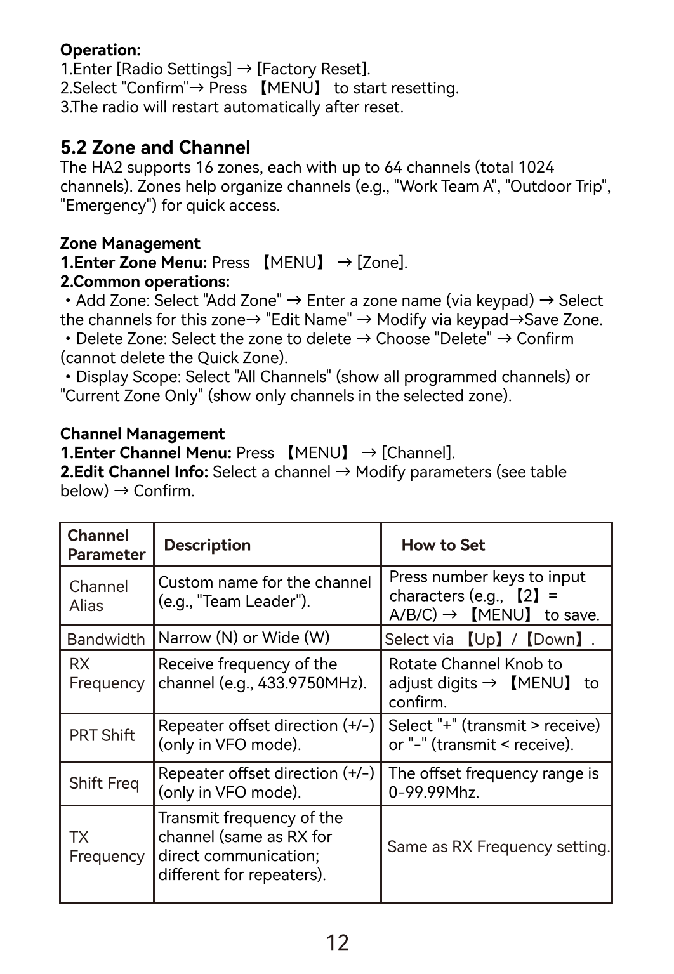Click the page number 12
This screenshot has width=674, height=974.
(x=337, y=942)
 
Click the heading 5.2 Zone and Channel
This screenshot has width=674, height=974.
(x=155, y=147)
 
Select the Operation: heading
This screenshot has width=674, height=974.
(x=100, y=50)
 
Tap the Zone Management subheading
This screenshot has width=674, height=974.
(x=130, y=244)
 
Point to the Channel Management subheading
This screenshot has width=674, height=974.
(x=142, y=434)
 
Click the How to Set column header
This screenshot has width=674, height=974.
(x=443, y=545)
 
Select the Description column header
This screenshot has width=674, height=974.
(x=207, y=545)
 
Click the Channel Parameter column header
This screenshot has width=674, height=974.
(x=106, y=545)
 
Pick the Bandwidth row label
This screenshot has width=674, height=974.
(x=106, y=639)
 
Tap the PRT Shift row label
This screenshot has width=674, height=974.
(x=102, y=735)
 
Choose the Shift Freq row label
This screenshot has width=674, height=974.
(x=104, y=783)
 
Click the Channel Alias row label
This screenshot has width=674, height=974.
(x=98, y=596)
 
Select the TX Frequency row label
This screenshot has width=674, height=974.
(x=107, y=846)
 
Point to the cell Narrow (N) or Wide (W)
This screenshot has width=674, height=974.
(x=244, y=638)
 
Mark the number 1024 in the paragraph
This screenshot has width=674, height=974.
(x=536, y=168)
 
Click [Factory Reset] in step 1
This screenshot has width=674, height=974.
(x=312, y=69)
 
